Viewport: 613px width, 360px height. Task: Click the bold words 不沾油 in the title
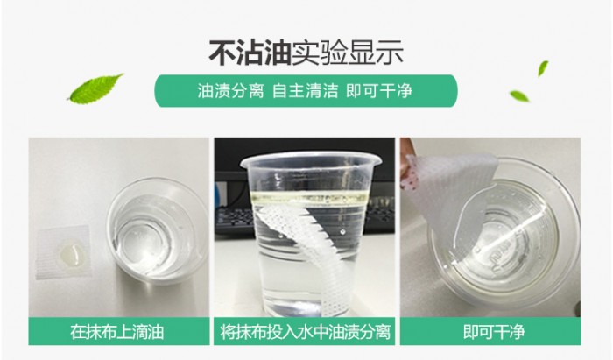click(250, 50)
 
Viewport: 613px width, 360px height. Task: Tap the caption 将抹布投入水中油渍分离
click(306, 333)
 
